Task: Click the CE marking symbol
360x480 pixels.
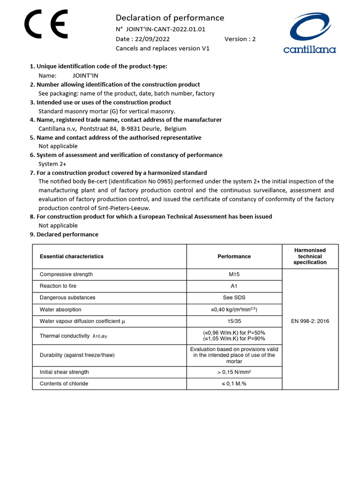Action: coord(46,25)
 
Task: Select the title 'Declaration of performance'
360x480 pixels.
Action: coord(170,18)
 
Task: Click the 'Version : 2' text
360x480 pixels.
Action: coord(240,39)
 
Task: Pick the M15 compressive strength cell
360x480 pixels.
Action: coord(234,274)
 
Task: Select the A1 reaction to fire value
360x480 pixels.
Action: coord(234,286)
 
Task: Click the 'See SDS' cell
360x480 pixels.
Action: coord(234,298)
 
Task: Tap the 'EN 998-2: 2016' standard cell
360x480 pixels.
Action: coord(310,321)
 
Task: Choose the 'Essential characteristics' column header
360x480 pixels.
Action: coord(72,256)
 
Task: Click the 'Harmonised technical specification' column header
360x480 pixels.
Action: coord(310,256)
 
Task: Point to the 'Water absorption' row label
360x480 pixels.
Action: coord(60,309)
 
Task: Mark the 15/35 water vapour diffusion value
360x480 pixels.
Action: coord(234,321)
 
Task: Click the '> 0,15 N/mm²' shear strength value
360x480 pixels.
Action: coord(234,372)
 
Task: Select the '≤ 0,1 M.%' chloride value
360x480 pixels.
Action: coord(234,383)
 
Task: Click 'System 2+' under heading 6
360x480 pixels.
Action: coord(52,164)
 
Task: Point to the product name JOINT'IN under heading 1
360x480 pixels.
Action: coord(85,75)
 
